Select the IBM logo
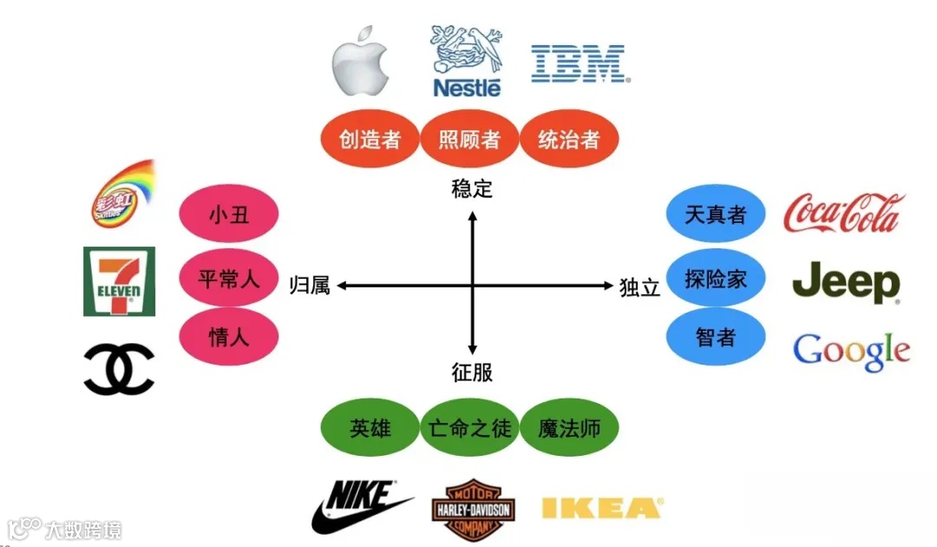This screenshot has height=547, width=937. [579, 64]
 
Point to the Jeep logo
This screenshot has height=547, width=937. [846, 282]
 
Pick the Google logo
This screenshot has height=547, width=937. [851, 351]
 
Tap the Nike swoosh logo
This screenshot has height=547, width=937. [360, 507]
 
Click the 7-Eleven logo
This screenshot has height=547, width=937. [119, 281]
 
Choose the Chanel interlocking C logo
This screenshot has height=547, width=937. [119, 369]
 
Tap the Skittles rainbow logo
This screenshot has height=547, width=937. [122, 194]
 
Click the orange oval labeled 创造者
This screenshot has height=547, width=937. [370, 139]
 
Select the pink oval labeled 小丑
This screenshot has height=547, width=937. [229, 214]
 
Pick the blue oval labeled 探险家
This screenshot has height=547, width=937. [716, 279]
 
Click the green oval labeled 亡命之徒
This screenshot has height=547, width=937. [469, 428]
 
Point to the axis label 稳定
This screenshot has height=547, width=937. [472, 188]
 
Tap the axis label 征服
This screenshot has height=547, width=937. [472, 372]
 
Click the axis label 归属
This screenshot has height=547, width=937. [310, 286]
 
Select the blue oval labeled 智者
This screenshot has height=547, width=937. [716, 337]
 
